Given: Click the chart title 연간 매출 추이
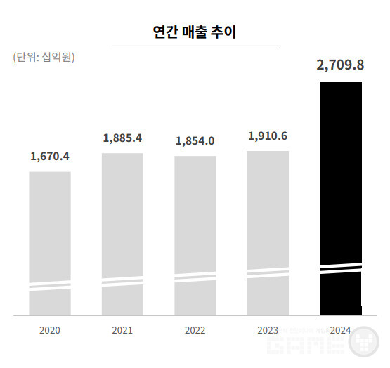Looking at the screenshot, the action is coord(195,32).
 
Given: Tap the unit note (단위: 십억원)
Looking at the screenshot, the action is coord(44,57).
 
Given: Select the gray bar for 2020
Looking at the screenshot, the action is coord(50,244).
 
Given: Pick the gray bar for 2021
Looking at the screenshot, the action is coord(122,235).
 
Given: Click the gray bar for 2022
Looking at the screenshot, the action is coord(195,235).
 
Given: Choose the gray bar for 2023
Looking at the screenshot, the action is coord(268,233).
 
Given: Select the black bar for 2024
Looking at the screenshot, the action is coord(341,199).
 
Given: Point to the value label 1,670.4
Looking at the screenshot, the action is coord(50,157).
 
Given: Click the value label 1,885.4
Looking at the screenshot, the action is coord(122,138).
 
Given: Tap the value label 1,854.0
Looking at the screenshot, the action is coord(195,141).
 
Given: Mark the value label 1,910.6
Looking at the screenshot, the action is coord(268,136).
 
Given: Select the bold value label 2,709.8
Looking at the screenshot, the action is coord(340,65).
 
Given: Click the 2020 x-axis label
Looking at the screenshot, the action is coord(50,330).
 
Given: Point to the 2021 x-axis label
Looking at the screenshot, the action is coord(122,330).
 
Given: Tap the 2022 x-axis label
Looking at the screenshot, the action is coord(195,330).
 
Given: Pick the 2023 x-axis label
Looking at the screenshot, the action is coord(268,330).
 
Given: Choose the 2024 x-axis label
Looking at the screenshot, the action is coord(340,330).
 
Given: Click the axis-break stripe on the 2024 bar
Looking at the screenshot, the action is coord(341,268).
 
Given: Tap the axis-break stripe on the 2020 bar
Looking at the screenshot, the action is coord(50,286).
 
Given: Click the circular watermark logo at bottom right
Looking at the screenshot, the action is coord(363,341).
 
